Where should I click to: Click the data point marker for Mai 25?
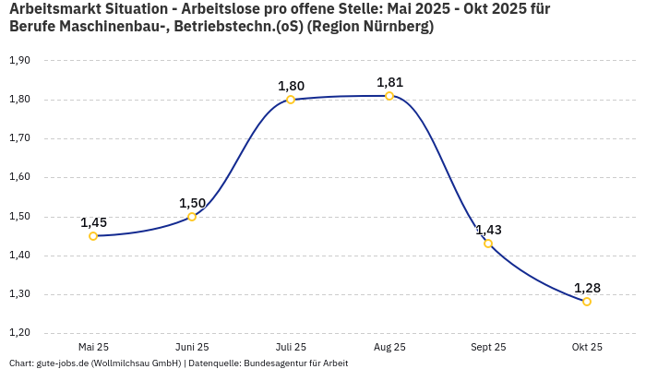[93, 236]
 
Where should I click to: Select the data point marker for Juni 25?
[192, 217]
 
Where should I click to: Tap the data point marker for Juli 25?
[291, 100]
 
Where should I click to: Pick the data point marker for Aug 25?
[389, 96]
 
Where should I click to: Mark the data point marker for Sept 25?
[488, 244]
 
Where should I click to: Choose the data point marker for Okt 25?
[587, 302]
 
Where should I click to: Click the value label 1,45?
[93, 222]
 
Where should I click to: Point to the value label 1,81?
[389, 82]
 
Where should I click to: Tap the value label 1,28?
[587, 288]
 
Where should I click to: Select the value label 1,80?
[291, 86]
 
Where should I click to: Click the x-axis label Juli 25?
[291, 347]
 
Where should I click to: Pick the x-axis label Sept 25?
[488, 347]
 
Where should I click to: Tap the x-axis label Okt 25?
[587, 347]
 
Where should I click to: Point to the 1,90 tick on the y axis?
[19, 61]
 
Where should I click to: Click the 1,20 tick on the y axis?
[19, 333]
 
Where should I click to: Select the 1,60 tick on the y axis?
[19, 177]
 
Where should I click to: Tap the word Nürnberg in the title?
[394, 27]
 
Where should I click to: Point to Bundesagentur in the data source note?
[273, 363]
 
